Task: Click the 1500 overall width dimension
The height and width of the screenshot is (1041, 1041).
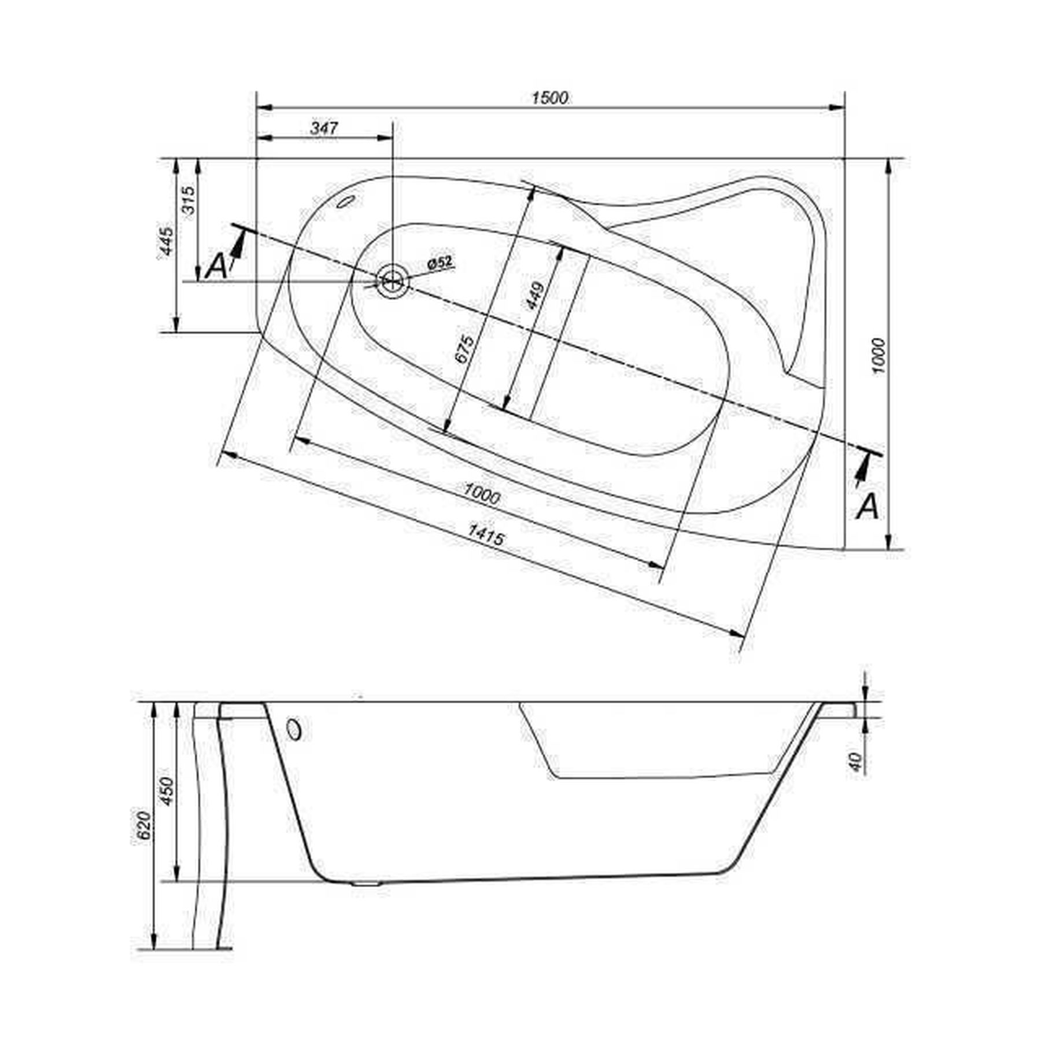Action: (549, 98)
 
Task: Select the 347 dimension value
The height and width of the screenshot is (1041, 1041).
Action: (324, 128)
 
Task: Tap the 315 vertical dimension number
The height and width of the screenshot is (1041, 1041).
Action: (190, 200)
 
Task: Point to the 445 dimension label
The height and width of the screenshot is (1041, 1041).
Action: (166, 241)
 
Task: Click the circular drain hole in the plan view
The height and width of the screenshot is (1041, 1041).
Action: (393, 282)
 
